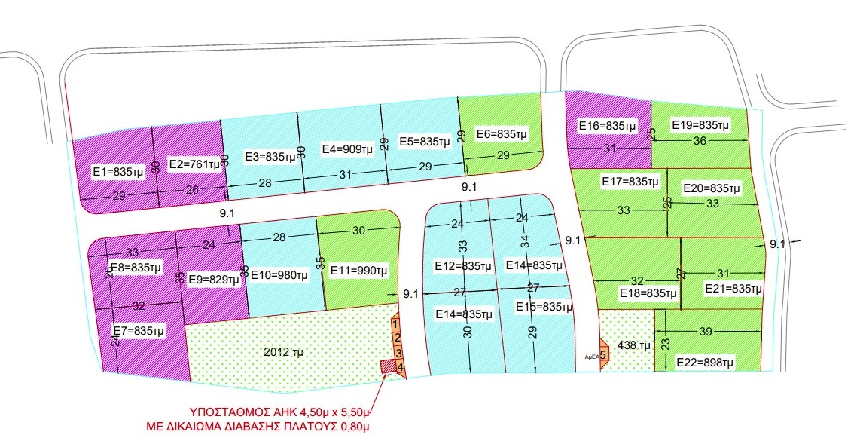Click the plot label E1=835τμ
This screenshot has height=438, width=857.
click(117, 172)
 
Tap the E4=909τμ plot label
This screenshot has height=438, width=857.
click(347, 149)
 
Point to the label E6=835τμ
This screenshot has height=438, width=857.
click(502, 134)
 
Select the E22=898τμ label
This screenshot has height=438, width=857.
click(705, 363)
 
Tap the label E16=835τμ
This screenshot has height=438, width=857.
click(608, 125)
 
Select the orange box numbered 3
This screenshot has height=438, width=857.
click(398, 353)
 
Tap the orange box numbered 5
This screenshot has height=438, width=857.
click(603, 355)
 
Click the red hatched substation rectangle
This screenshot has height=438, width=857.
click(387, 366)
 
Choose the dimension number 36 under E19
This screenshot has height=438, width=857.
click(700, 140)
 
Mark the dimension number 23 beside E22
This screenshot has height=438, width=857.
click(664, 343)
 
